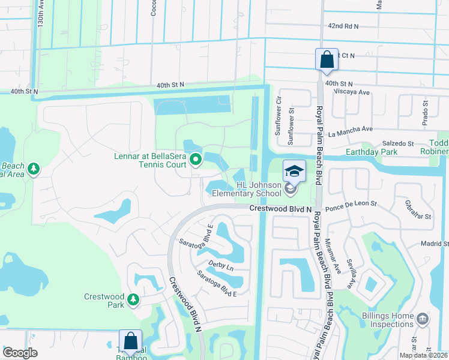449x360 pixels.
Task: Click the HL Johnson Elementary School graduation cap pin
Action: pyautogui.click(x=294, y=172)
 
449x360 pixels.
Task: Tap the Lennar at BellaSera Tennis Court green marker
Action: pyautogui.click(x=195, y=160)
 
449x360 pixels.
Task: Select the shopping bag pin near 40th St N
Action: pyautogui.click(x=326, y=60)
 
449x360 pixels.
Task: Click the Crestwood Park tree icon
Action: pyautogui.click(x=133, y=298)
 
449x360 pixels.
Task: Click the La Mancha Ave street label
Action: pyautogui.click(x=351, y=129)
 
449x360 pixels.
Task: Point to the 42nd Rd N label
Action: pyautogui.click(x=343, y=26)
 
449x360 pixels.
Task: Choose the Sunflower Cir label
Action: pyautogui.click(x=278, y=116)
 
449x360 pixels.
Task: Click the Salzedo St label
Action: pyautogui.click(x=399, y=144)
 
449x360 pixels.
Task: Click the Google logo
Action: pyautogui.click(x=20, y=353)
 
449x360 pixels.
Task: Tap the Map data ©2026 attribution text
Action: pyautogui.click(x=423, y=355)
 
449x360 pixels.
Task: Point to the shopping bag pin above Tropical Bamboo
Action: pyautogui.click(x=130, y=341)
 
